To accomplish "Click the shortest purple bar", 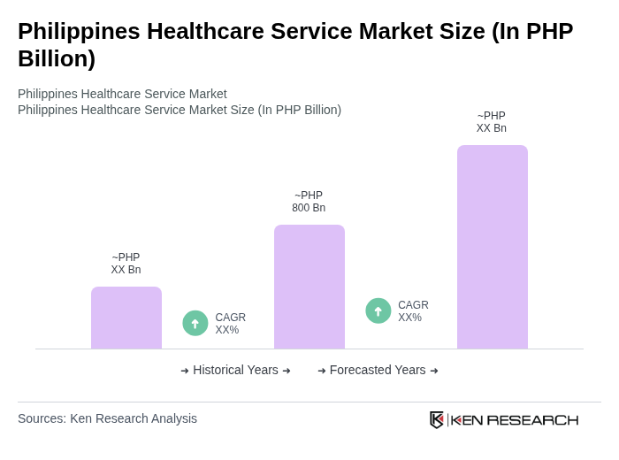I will point(126,318).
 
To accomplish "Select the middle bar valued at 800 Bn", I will point(309,287).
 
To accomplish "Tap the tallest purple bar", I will point(492,247).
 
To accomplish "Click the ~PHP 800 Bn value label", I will point(309,202).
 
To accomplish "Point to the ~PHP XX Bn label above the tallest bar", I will point(492,122).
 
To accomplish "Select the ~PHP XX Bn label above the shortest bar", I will point(126,264).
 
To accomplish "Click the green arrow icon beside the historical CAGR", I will point(195,324).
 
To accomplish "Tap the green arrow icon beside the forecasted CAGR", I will point(378,311).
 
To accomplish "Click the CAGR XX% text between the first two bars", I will point(230,324).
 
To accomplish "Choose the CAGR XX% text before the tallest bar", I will point(413,311).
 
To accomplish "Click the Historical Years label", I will point(235,370).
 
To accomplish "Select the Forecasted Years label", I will point(378,370).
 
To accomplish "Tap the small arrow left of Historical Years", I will point(185,371).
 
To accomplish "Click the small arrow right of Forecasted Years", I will point(434,371).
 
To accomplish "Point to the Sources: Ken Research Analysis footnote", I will point(107,418).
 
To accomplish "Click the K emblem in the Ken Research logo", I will point(437,419).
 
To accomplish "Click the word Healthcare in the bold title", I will point(208,31).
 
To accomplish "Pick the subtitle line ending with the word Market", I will point(122,94).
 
